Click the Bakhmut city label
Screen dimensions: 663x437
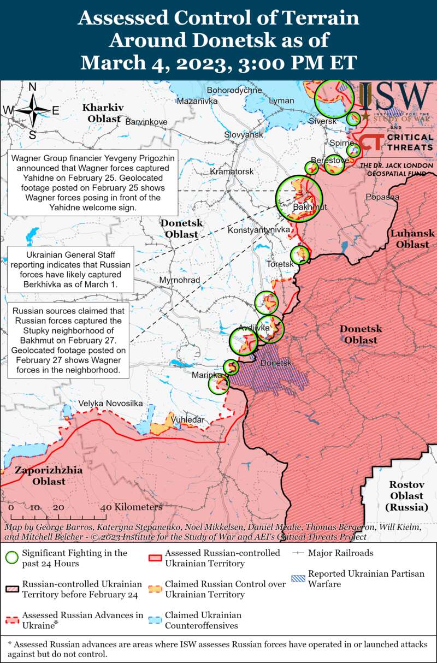point(309,208)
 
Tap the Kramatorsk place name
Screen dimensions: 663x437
point(232,171)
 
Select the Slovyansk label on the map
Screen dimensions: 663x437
point(244,134)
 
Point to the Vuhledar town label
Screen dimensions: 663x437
point(187,419)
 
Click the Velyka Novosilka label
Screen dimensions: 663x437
point(110,403)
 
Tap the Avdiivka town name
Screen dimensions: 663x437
point(254,328)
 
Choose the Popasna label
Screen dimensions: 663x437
point(382,197)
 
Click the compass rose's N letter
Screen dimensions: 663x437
point(32,87)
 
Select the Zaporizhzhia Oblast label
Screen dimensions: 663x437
point(49,476)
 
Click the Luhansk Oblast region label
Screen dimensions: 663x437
point(412,239)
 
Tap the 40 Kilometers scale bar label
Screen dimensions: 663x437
point(131,507)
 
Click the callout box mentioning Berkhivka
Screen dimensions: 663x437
point(70,270)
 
